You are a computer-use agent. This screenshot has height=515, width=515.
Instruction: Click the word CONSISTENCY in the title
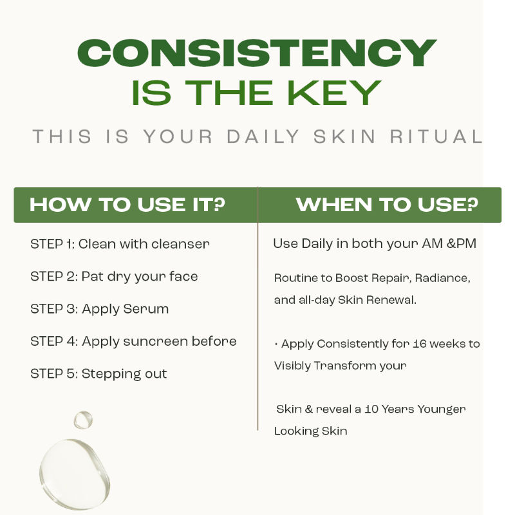(x=257, y=53)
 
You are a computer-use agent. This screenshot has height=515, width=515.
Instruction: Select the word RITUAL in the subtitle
(x=436, y=136)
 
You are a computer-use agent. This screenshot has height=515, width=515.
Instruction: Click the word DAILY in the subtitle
(x=263, y=136)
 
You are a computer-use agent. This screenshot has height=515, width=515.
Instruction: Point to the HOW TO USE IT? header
(x=127, y=205)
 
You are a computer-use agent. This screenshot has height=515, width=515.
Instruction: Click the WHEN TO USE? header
(x=387, y=205)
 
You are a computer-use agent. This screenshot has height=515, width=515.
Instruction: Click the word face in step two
(x=183, y=276)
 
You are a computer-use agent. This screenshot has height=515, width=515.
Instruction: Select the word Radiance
(x=443, y=278)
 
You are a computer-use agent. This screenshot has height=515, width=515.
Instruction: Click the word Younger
(x=442, y=410)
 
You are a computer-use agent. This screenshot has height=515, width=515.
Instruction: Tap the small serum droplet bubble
(x=83, y=420)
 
